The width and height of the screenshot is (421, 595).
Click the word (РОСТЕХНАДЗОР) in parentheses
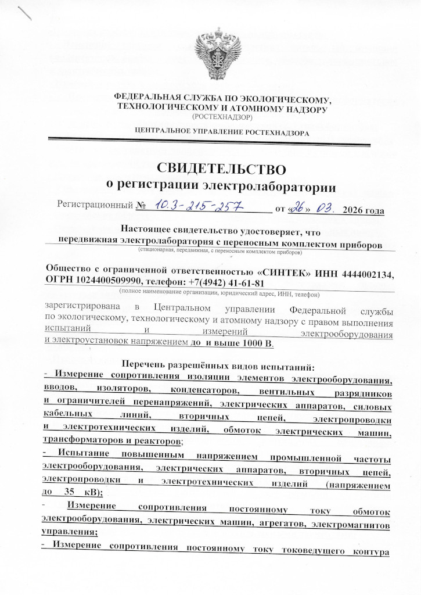pos(223,117)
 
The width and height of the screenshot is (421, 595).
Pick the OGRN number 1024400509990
pos(115,282)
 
